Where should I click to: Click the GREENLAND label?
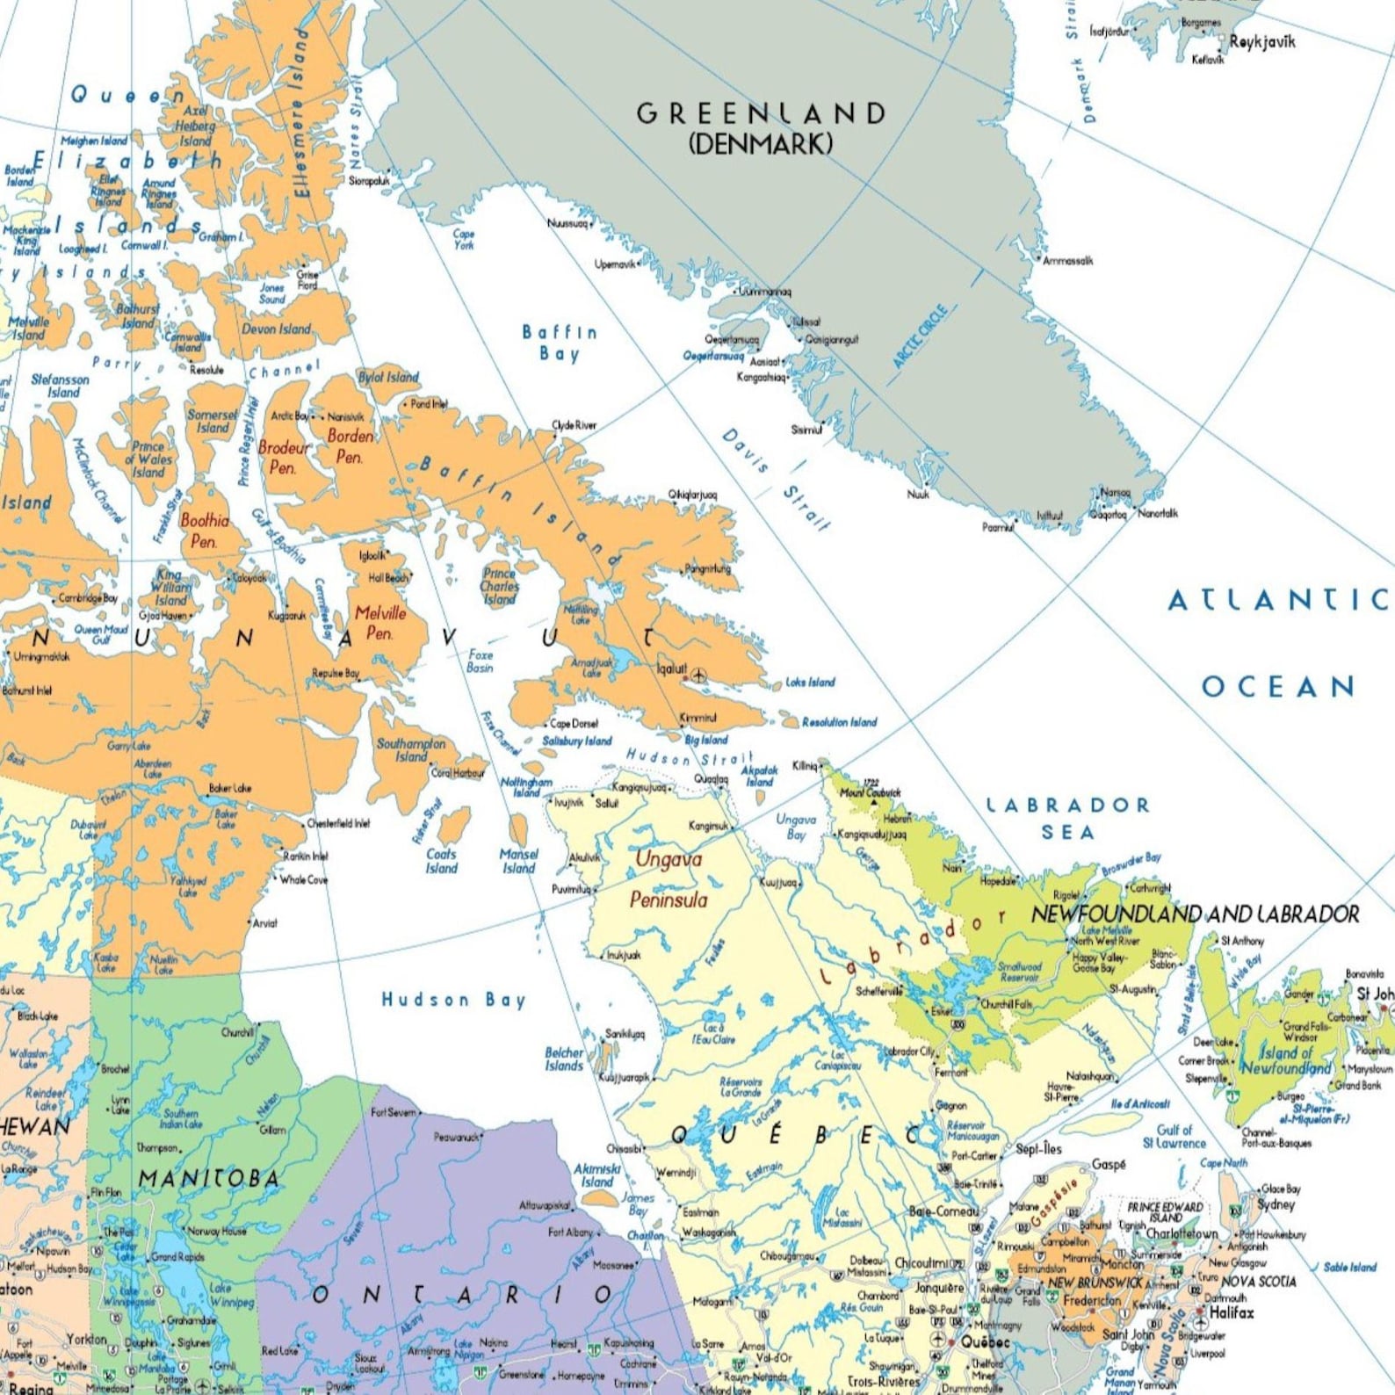[761, 113]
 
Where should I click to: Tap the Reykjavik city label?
[1261, 41]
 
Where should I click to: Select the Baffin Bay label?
[560, 343]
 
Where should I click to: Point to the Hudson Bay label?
[453, 1000]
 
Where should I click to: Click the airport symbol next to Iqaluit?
[698, 676]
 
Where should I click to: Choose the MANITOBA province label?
[209, 1179]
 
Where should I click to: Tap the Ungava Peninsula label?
[669, 879]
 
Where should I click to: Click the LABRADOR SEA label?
[1067, 818]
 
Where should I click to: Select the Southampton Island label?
[411, 749]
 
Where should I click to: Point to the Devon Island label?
[276, 329]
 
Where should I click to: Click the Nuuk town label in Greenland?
[918, 495]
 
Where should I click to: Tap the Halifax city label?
[1232, 1313]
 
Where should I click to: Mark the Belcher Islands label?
[564, 1059]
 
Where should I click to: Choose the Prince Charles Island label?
[499, 586]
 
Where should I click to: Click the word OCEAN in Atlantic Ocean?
[1278, 686]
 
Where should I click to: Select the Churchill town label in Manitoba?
[237, 1032]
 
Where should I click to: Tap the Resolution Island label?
[839, 722]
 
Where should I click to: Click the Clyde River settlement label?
[575, 425]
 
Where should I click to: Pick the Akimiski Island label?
[597, 1175]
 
